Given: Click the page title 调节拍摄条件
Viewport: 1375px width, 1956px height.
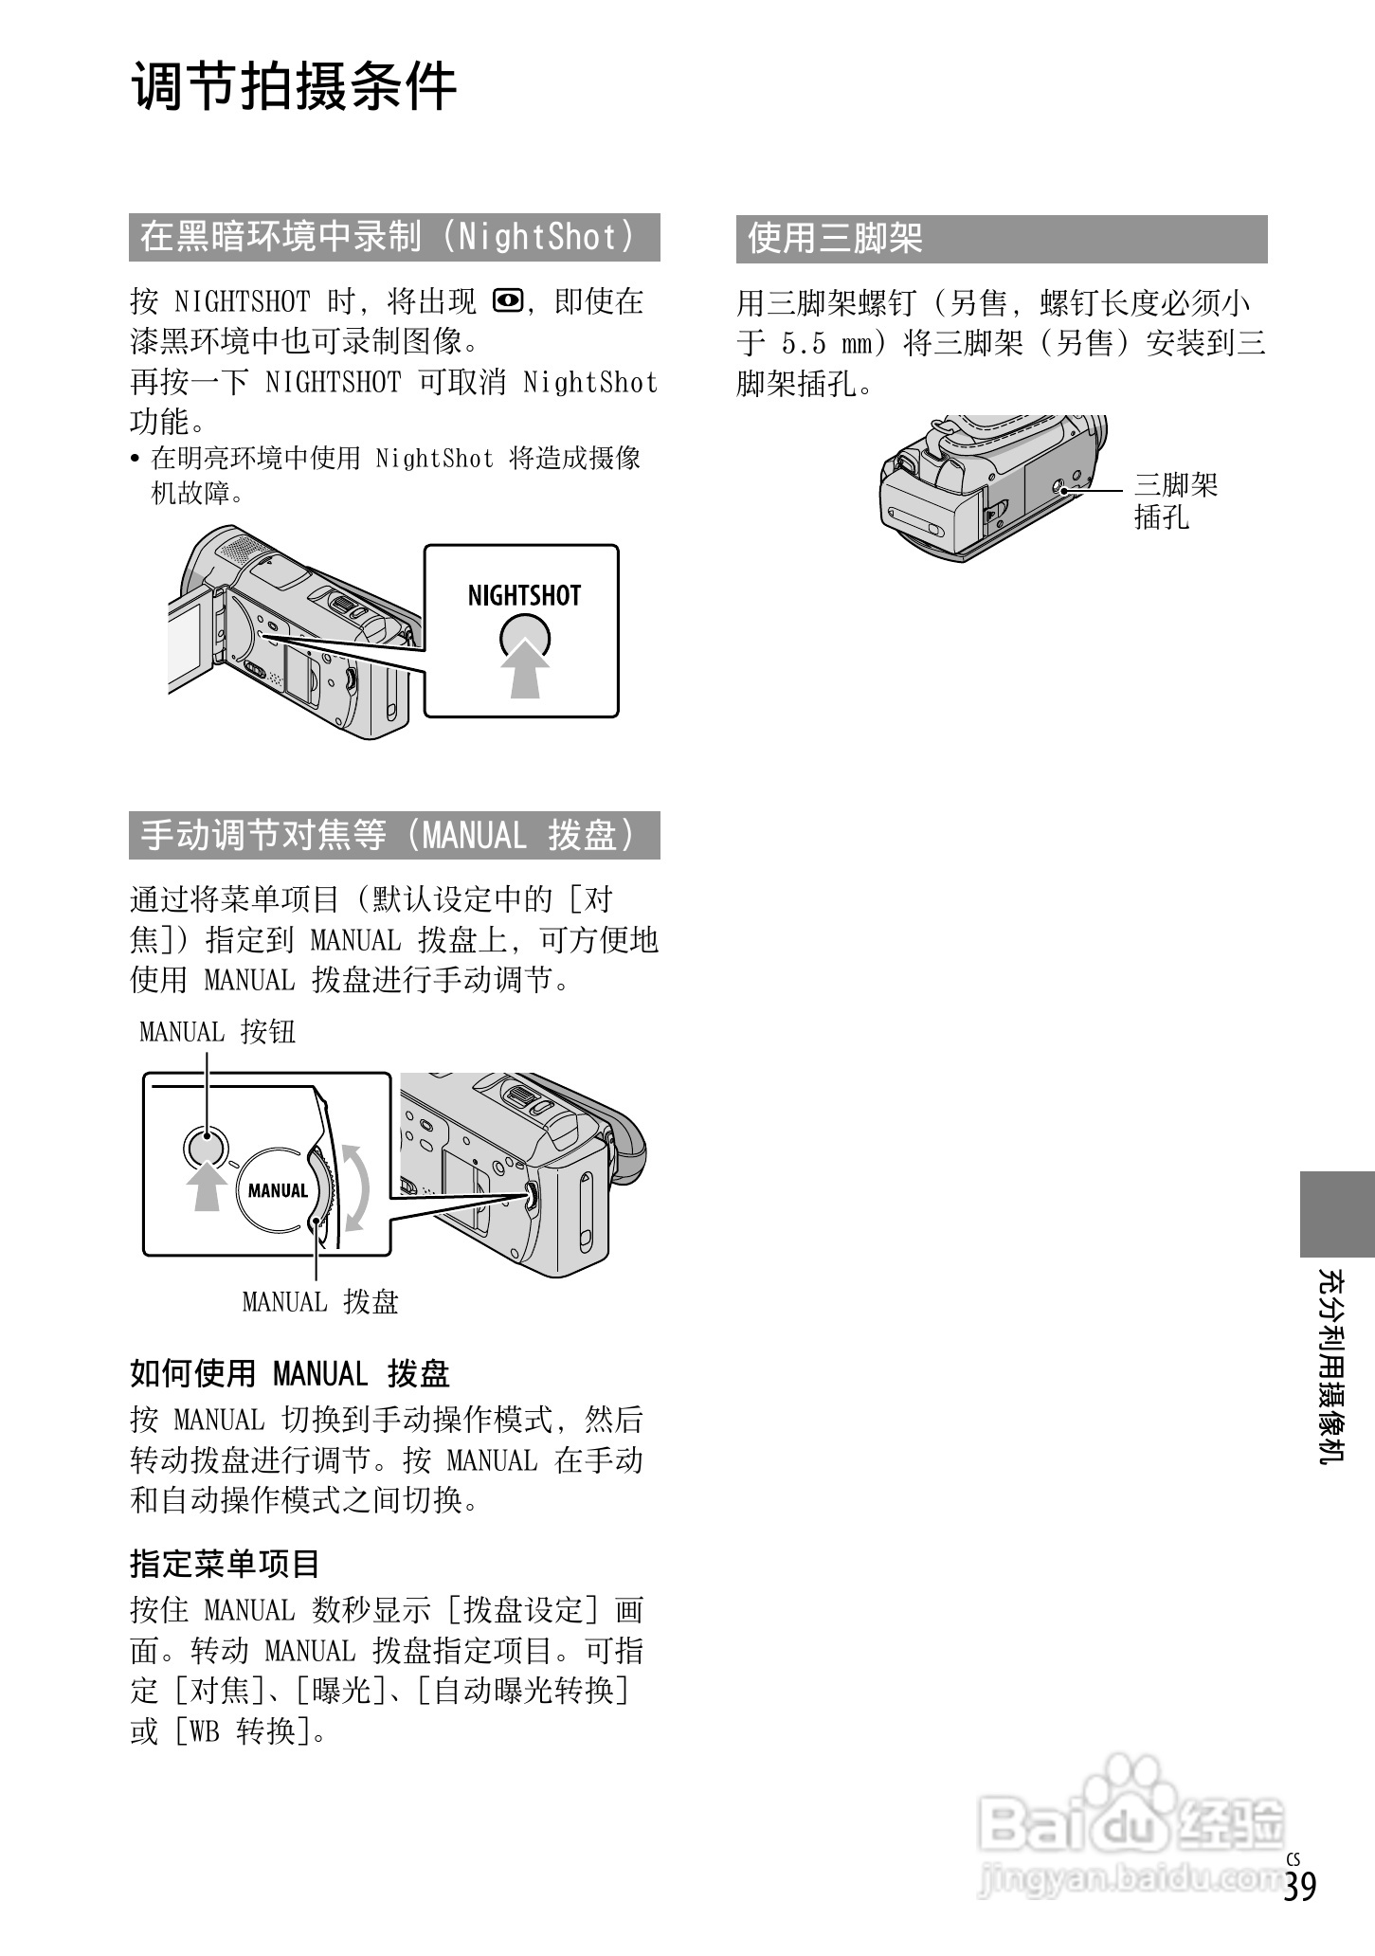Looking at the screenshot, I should (x=294, y=88).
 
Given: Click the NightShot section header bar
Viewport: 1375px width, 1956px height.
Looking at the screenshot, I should (x=393, y=237).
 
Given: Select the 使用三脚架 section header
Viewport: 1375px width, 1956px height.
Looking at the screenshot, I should (x=1001, y=238).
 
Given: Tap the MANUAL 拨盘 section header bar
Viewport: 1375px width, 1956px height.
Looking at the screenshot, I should (x=393, y=835).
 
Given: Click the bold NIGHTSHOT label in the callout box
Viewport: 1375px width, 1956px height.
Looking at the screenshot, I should (x=524, y=596).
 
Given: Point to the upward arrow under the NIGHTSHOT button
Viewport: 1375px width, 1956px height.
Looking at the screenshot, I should (x=524, y=669).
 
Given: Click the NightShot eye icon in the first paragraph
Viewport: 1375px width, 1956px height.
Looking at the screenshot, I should (x=507, y=302).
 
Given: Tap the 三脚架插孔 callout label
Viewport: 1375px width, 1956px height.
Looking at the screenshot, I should (x=1175, y=501).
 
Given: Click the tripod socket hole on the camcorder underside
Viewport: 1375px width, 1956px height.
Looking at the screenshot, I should (x=1063, y=490).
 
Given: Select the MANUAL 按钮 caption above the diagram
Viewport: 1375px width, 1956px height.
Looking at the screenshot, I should (x=217, y=1031).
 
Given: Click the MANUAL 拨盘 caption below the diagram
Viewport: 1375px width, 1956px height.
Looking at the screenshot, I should (x=319, y=1302).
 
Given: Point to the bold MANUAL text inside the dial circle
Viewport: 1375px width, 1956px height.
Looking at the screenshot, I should (x=278, y=1190).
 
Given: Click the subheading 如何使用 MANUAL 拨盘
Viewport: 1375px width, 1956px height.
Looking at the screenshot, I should (x=289, y=1373).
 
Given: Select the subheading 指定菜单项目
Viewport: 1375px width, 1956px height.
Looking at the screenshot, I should (x=225, y=1564).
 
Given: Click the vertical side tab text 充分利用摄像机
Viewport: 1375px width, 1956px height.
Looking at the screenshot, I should (x=1331, y=1366).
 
